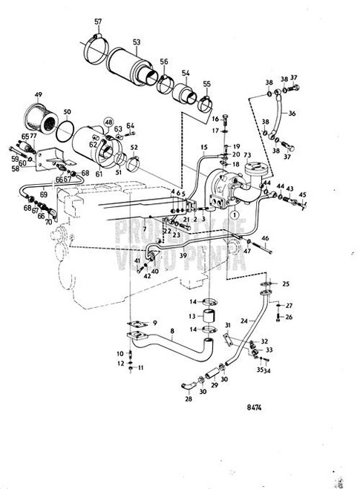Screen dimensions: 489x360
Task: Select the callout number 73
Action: tap(246, 154)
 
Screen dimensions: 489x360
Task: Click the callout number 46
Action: tap(265, 238)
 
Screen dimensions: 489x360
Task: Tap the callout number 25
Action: tap(287, 285)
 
